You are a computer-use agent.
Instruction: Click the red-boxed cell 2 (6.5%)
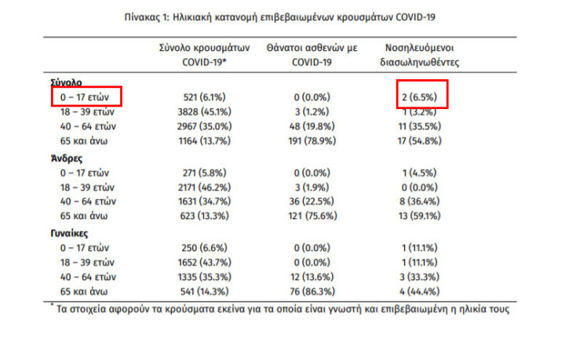422,97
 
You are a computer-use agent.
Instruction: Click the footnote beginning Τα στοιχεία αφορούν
279,308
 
